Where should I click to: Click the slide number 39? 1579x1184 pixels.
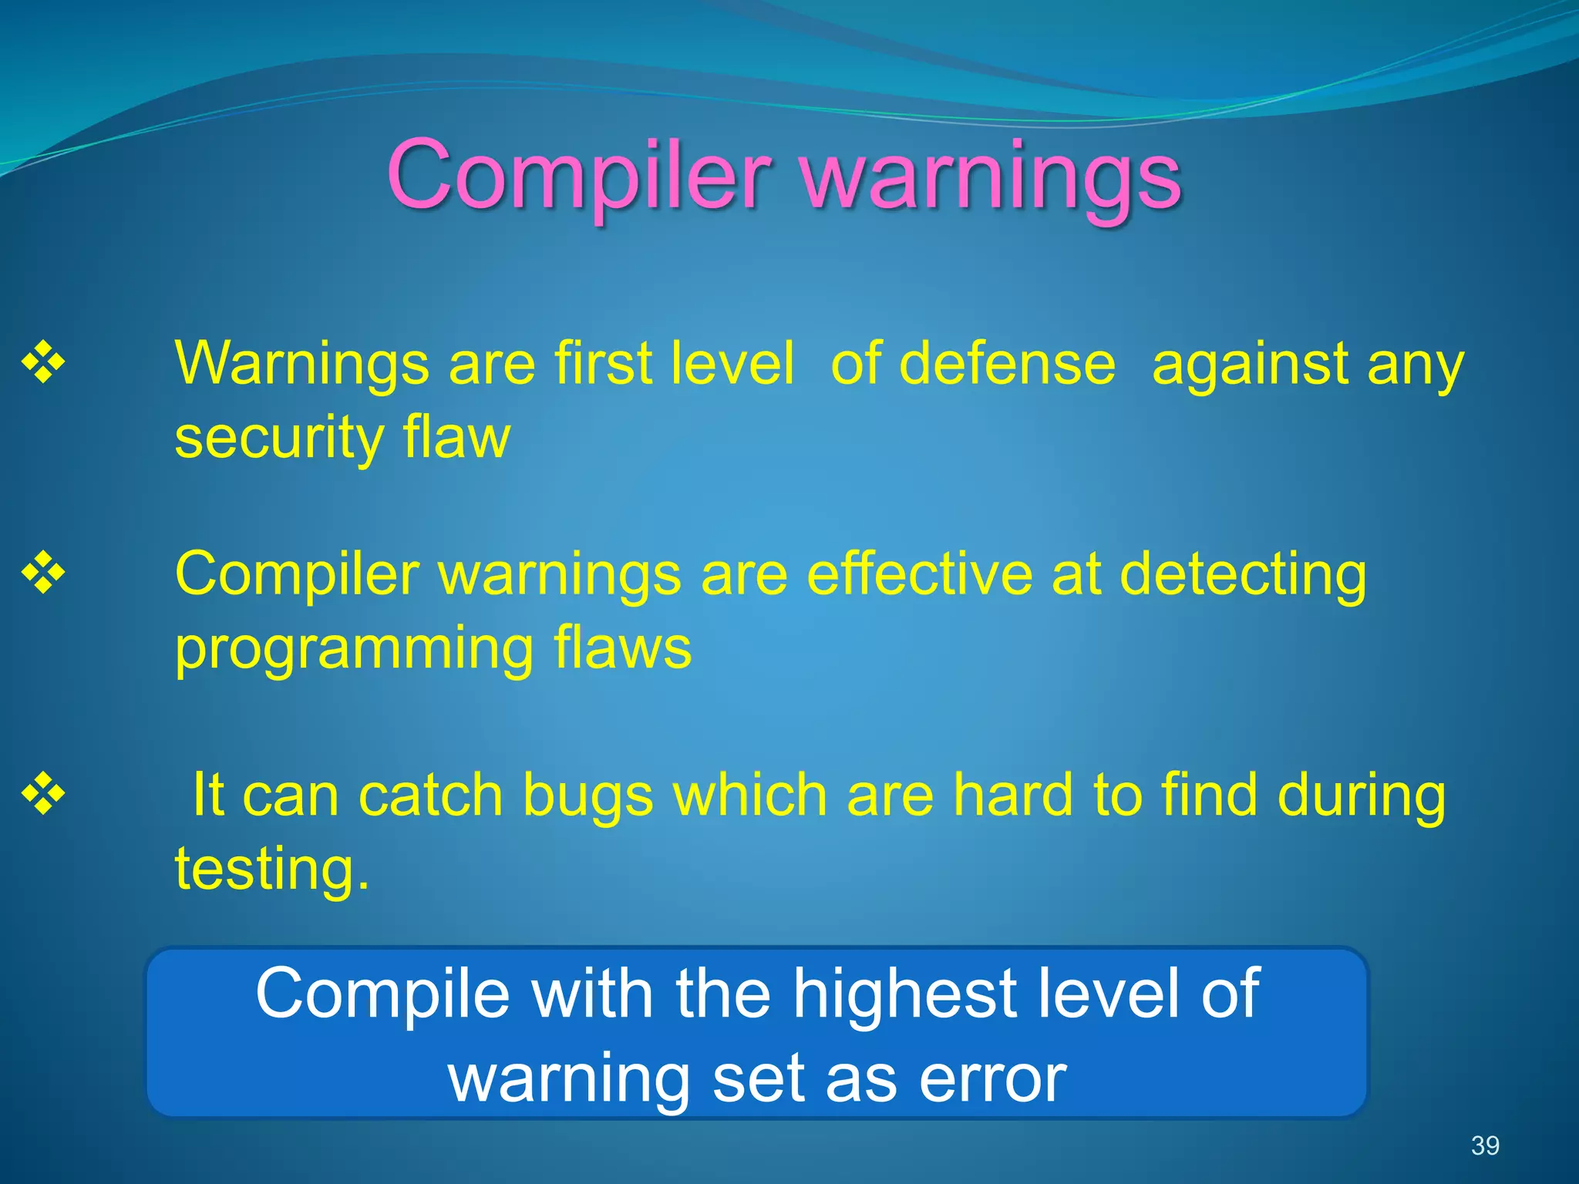[1484, 1145]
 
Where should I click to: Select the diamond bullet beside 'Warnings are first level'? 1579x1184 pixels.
[43, 362]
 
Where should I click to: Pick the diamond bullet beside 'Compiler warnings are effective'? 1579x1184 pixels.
[43, 573]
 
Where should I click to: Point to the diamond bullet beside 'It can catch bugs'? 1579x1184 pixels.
[43, 794]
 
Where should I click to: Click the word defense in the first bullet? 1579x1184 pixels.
[1007, 363]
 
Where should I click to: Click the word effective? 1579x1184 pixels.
[919, 573]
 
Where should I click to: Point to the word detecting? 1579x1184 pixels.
[1242, 575]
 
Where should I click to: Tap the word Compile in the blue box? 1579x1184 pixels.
[382, 994]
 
